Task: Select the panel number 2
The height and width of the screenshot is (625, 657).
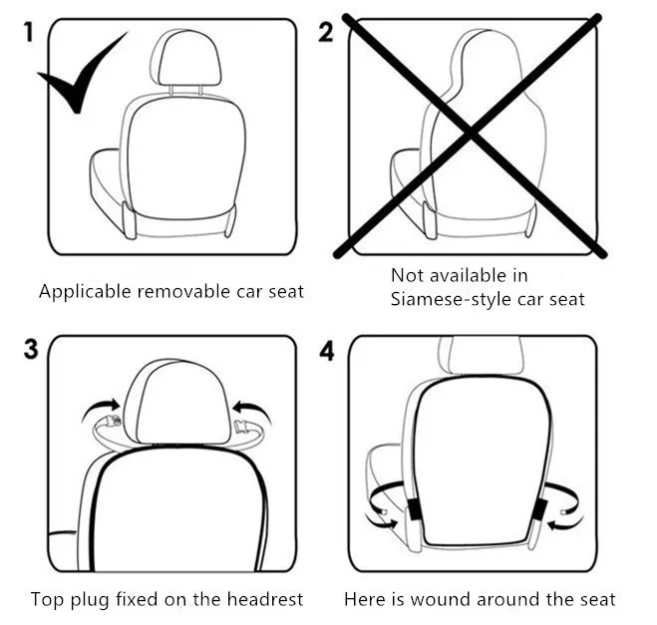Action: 326,33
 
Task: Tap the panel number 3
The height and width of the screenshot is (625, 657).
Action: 31,351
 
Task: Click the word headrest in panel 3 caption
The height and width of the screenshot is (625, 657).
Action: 265,599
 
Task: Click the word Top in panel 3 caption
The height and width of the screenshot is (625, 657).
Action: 47,599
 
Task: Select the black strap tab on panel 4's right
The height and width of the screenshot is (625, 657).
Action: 538,508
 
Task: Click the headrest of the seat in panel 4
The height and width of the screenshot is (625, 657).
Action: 486,356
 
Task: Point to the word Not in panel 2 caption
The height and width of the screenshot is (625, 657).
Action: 407,275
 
